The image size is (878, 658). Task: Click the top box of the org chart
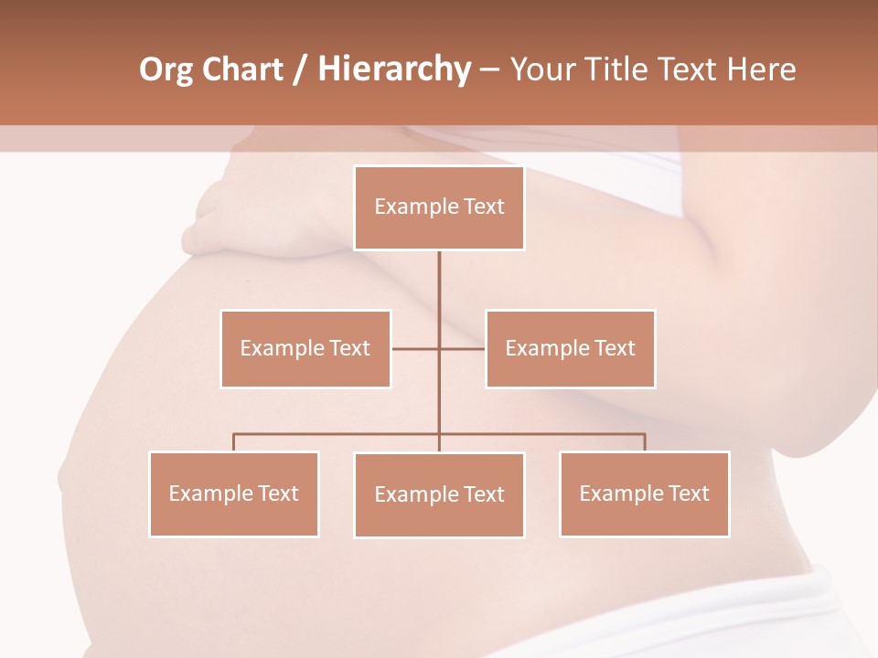point(439,207)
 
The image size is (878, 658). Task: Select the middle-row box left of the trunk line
point(305,348)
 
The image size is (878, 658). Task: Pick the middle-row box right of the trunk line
point(571,348)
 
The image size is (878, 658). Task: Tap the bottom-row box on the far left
point(234,493)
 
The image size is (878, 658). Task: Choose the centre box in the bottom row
point(439,494)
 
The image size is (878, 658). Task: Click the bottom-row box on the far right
point(645,493)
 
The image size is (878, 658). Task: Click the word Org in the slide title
point(166,69)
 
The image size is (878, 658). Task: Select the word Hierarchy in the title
point(393,69)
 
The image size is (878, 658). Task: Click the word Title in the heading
point(624,69)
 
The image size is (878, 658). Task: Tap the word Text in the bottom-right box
point(689,493)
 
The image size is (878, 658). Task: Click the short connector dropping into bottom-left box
point(234,442)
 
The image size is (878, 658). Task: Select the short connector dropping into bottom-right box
point(645,442)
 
